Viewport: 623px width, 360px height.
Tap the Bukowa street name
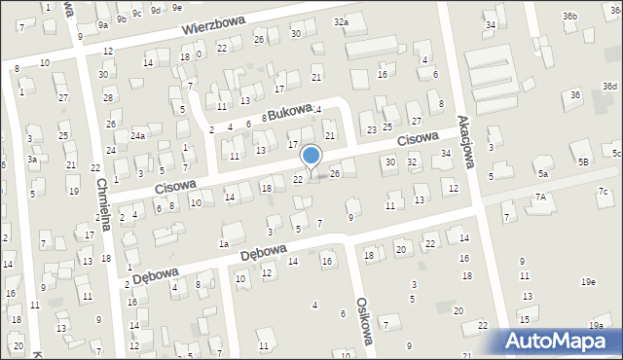pyautogui.click(x=289, y=111)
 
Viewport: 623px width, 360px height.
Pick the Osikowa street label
pyautogui.click(x=366, y=320)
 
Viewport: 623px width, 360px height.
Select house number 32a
pyautogui.click(x=340, y=21)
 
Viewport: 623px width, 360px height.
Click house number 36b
pyautogui.click(x=569, y=16)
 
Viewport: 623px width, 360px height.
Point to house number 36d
pyautogui.click(x=609, y=87)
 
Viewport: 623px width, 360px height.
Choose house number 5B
pyautogui.click(x=583, y=161)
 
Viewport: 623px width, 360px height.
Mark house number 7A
pyautogui.click(x=540, y=197)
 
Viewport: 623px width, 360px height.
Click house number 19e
pyautogui.click(x=588, y=281)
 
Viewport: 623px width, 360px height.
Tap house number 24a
pyautogui.click(x=138, y=136)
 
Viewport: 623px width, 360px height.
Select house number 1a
pyautogui.click(x=224, y=243)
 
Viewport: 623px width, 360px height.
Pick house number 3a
pyautogui.click(x=32, y=159)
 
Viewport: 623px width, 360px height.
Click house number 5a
pyautogui.click(x=542, y=173)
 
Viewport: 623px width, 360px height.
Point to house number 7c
pyautogui.click(x=603, y=191)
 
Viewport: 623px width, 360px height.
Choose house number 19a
pyautogui.click(x=595, y=325)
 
